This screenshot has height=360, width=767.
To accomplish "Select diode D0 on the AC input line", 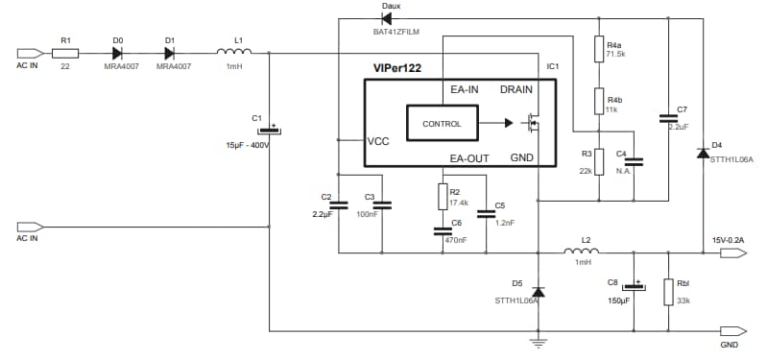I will (118, 53).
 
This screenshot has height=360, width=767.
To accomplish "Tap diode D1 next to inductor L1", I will (170, 53).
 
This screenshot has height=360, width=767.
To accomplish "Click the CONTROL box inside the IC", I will (442, 123).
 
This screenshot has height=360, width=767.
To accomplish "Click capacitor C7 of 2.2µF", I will (666, 118).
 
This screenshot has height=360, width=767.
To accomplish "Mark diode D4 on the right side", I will (703, 153).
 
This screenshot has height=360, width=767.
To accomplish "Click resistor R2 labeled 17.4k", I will (442, 197).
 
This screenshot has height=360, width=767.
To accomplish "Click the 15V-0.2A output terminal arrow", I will (733, 253).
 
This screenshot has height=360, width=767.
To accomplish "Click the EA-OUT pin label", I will (470, 157).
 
